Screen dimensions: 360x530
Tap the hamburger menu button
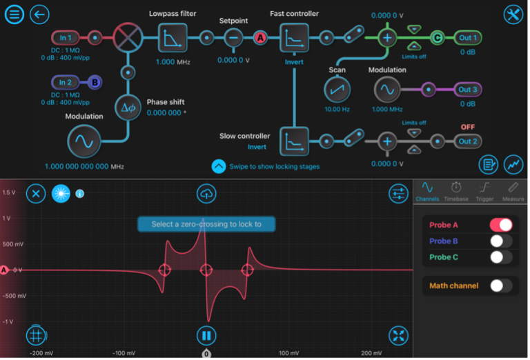coord(15,14)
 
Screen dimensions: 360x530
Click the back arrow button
coord(39,14)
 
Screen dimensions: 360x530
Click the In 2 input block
coord(66,83)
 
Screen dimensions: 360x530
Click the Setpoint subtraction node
coord(233,38)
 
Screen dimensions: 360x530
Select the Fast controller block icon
coord(294,37)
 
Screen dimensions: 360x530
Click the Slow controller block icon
coord(294,141)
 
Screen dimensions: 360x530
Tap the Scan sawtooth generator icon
coord(337,89)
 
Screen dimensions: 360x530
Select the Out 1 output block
coord(468,38)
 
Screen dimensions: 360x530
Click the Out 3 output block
coord(468,89)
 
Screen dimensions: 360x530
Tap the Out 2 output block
coord(468,141)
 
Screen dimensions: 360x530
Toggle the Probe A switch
coord(501,225)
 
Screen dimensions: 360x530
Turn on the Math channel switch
coord(501,285)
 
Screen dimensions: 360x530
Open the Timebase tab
coord(456,191)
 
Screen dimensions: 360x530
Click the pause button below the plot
coord(206,336)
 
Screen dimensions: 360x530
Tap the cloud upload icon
coord(206,194)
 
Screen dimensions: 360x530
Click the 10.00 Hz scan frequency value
coord(337,109)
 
